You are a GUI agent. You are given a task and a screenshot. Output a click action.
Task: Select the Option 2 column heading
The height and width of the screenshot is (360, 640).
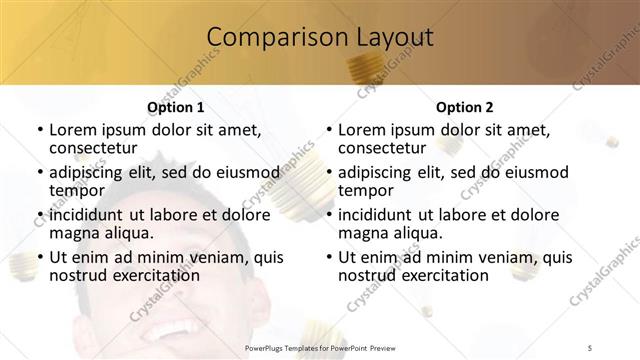pos(464,107)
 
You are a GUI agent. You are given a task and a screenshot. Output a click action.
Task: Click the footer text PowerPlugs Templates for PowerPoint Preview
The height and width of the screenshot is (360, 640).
pos(320,348)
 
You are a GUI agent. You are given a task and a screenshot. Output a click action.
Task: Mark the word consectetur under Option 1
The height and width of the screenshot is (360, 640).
pos(98,149)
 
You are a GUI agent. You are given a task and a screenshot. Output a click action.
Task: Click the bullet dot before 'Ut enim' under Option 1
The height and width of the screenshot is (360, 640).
pos(38,257)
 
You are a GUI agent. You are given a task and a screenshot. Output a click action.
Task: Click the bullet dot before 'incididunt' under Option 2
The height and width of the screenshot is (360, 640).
pos(327,215)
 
